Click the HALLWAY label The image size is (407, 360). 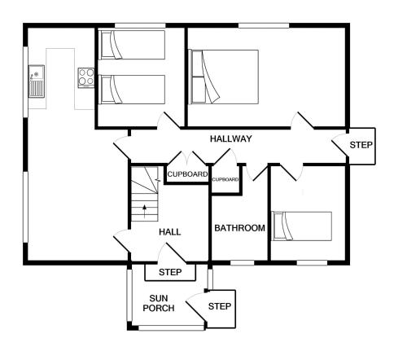click(x=231, y=138)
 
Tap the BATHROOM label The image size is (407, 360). click(x=239, y=228)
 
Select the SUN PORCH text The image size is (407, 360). click(x=159, y=303)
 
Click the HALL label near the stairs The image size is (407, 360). click(x=170, y=232)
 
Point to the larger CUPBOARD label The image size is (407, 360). click(x=187, y=174)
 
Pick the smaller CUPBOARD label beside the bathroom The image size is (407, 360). click(x=225, y=179)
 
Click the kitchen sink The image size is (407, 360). click(x=37, y=81)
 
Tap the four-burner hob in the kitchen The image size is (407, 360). click(x=86, y=77)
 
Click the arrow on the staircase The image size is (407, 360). click(x=145, y=212)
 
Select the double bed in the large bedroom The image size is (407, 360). click(x=224, y=77)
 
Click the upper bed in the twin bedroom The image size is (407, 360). click(x=132, y=45)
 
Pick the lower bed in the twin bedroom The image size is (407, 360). click(x=132, y=90)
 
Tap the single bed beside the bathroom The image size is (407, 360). click(x=302, y=226)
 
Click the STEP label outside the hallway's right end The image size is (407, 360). click(x=361, y=145)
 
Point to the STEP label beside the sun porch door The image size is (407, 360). click(x=220, y=306)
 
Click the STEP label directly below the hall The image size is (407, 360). click(x=170, y=272)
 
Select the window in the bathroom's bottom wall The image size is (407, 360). click(x=243, y=263)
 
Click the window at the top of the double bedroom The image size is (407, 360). click(x=264, y=25)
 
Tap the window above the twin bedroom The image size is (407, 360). click(x=140, y=25)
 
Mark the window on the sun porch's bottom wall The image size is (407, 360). click(x=172, y=328)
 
